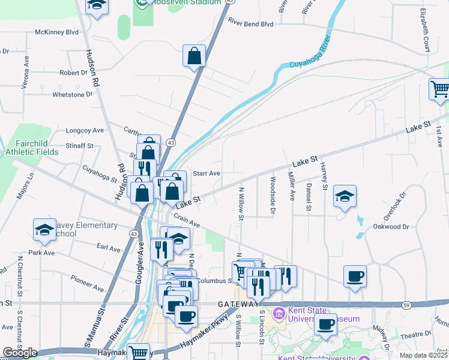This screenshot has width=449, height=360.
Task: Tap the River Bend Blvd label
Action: pos(250,23)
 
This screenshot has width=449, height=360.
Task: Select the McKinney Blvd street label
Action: pos(57,31)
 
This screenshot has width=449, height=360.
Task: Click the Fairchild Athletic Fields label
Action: pos(37,148)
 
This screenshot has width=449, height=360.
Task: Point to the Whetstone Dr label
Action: pos(73,94)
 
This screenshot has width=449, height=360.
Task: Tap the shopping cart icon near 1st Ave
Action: pos(440,89)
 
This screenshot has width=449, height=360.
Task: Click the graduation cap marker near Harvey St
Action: pos(345,196)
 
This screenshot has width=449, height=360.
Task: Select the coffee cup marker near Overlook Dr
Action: pos(355,276)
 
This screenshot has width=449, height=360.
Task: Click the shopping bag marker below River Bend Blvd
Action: pos(194,56)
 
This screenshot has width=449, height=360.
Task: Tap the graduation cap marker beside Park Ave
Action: pos(44,230)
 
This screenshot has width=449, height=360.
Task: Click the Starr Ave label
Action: pos(206,173)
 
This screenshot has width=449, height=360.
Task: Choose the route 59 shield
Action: pos(407,305)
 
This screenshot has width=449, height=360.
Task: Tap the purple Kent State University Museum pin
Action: pos(279,313)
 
